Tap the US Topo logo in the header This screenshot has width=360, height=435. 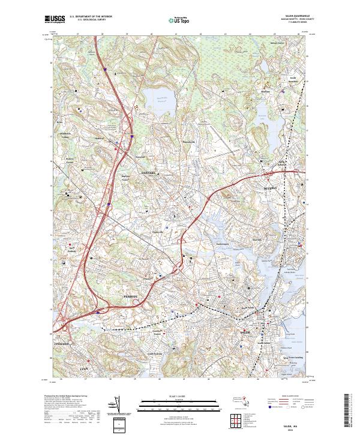point(180,20)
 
